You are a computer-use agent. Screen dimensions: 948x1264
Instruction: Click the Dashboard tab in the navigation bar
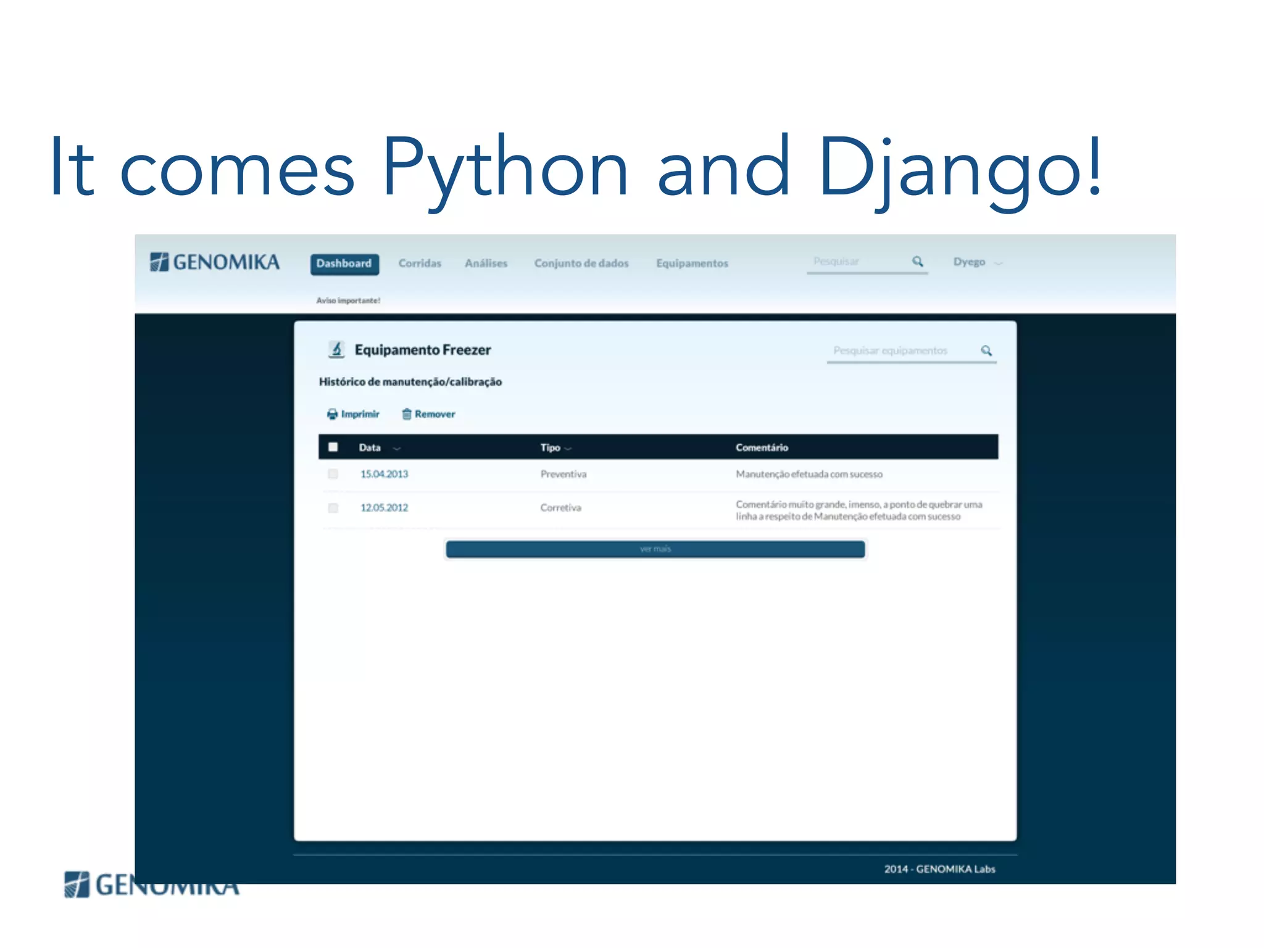coord(344,264)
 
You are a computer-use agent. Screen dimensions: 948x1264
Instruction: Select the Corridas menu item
coord(420,264)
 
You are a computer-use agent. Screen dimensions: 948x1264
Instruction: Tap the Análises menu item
coord(486,264)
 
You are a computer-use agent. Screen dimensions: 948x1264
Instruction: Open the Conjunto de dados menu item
coord(581,264)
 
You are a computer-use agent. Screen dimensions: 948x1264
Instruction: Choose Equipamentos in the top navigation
coord(692,264)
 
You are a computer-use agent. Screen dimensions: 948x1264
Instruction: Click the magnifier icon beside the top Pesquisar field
coord(918,262)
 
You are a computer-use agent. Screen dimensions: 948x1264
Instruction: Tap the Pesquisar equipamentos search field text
coord(890,351)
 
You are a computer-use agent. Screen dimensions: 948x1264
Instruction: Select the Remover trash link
coord(429,414)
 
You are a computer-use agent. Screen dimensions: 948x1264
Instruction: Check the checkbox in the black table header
coord(333,447)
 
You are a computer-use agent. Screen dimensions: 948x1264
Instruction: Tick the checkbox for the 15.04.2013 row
coord(333,474)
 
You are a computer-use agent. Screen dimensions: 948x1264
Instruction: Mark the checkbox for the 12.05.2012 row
coord(333,508)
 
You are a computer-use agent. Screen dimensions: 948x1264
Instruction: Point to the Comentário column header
coord(762,447)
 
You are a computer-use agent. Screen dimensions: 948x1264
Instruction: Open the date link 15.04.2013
coord(384,474)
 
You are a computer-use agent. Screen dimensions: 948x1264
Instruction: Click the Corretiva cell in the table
coord(560,508)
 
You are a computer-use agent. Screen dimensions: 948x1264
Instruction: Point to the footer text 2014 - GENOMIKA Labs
coord(939,869)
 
